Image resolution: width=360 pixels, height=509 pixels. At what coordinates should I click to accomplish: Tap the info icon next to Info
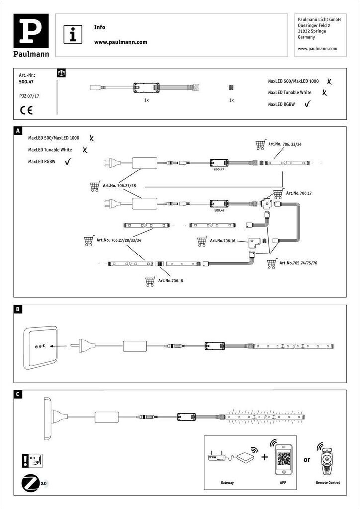73,35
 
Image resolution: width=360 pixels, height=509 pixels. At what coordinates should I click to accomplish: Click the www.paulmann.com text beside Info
121,42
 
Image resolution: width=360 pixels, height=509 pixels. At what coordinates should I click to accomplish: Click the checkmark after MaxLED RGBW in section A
68,161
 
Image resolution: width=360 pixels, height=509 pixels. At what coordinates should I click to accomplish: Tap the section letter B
18,309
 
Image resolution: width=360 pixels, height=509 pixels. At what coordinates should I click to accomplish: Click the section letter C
18,395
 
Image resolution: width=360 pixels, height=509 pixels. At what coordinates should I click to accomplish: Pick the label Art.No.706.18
171,281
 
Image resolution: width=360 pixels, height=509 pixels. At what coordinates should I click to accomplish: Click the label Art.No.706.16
223,241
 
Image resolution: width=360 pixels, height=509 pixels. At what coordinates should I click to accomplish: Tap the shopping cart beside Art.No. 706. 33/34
260,145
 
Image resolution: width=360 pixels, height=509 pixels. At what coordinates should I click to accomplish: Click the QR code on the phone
283,459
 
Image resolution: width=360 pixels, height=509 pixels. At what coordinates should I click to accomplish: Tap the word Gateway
228,482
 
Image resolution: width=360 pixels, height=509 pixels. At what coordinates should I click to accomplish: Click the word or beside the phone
307,460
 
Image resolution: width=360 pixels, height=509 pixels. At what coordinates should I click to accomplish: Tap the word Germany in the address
306,37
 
